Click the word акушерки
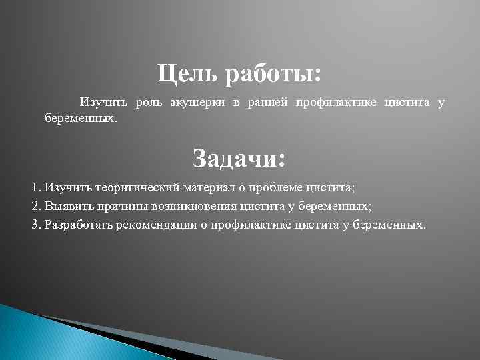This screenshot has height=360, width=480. coord(197,102)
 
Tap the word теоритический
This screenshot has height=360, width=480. coord(136,188)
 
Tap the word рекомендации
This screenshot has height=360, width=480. coord(157,224)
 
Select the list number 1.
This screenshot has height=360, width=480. coord(35,188)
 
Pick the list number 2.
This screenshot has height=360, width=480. coord(35,206)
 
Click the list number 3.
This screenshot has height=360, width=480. coord(35,224)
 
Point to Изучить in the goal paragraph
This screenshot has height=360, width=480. coord(105,102)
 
